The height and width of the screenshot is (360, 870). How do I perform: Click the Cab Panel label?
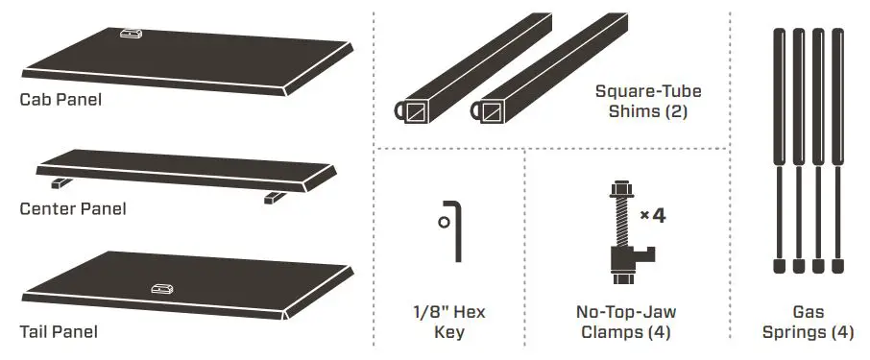point(60,98)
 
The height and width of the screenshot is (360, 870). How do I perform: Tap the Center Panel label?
point(73,208)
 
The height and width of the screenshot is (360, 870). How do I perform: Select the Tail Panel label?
point(59,331)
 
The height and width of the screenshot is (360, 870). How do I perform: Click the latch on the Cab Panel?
point(131,34)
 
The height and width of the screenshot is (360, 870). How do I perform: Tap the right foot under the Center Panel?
point(273,198)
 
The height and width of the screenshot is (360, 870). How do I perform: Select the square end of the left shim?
point(417,114)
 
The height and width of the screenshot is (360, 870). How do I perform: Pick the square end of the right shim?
point(493,114)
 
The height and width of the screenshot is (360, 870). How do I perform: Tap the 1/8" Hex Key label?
point(448,322)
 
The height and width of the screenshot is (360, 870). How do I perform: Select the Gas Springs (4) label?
point(808,322)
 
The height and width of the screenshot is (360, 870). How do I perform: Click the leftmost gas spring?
point(779,144)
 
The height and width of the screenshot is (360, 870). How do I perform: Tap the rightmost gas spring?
point(837,144)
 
